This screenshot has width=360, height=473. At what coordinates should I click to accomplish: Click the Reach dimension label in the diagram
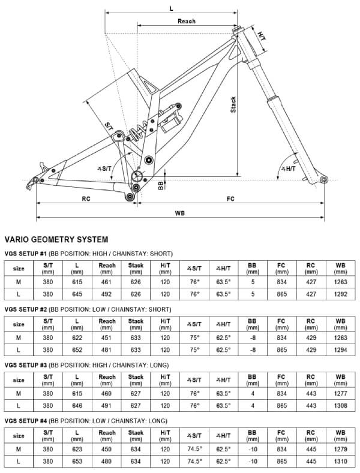pos(187,21)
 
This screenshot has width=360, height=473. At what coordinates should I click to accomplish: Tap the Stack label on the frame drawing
pos(233,106)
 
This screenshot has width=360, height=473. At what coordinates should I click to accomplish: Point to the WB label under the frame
pos(179,213)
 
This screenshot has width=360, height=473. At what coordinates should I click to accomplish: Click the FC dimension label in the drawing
pos(230,198)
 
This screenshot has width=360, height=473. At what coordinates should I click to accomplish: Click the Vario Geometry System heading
pos(56,239)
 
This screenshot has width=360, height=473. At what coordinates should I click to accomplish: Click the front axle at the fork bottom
pos(325,179)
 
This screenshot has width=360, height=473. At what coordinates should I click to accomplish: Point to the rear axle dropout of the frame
pos(37,179)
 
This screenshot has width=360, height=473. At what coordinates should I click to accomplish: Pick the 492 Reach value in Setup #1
pos(107,294)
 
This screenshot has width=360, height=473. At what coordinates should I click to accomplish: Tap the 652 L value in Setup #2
pos(77,350)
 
